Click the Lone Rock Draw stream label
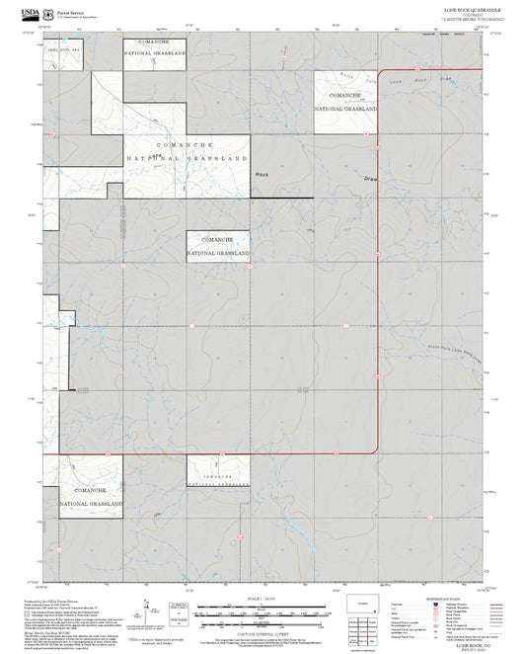click(x=408, y=81)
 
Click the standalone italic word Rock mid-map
click(x=262, y=174)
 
